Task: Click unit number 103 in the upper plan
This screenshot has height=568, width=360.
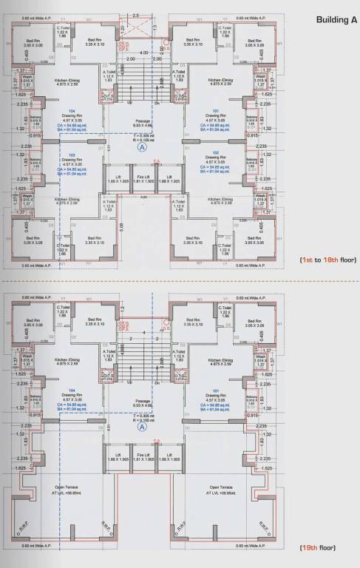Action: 72,155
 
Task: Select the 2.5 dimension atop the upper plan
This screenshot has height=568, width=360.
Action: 135,15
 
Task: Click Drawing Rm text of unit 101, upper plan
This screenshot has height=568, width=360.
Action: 214,115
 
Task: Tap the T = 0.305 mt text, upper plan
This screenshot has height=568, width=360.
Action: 143,135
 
